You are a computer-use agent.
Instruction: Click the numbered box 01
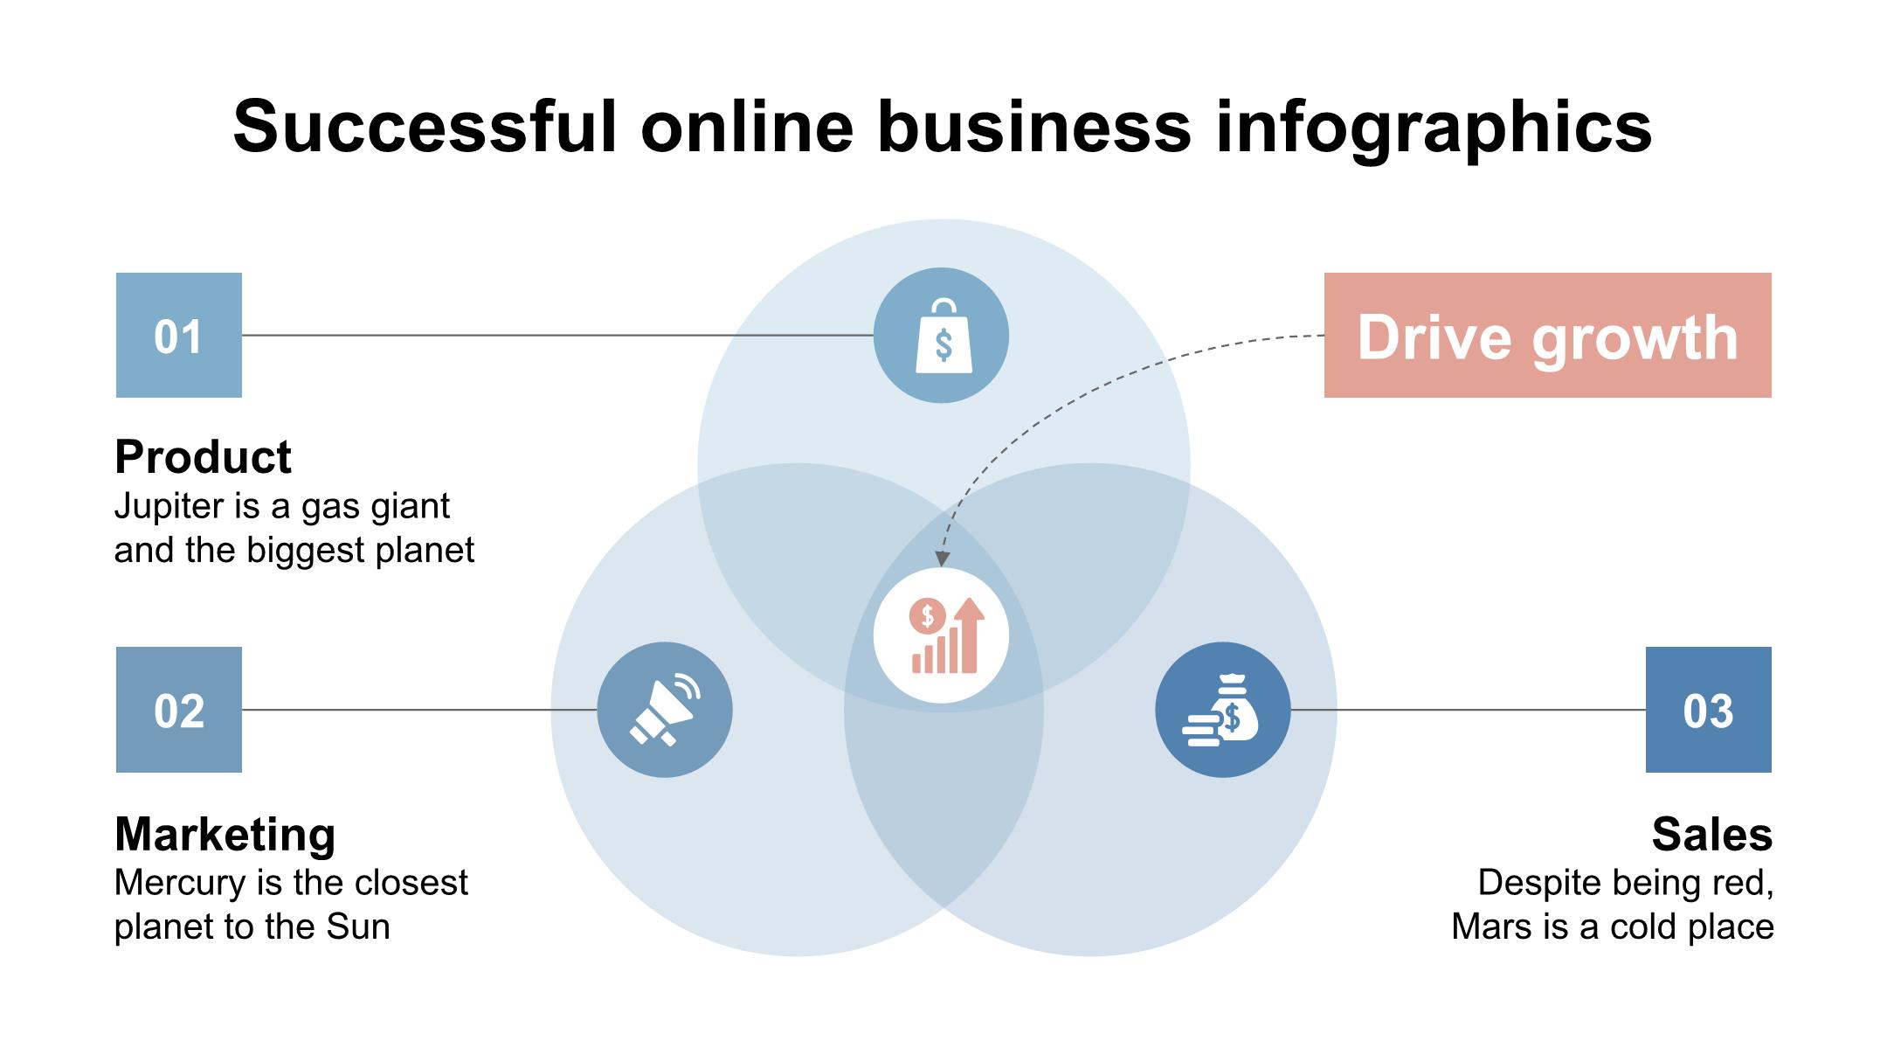click(x=178, y=336)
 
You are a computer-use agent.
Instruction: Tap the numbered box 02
click(x=178, y=710)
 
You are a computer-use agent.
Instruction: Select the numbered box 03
click(x=1708, y=710)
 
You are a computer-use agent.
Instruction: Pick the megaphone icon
click(x=665, y=710)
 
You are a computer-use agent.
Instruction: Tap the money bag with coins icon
click(x=1222, y=710)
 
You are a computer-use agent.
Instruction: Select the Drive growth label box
click(x=1547, y=336)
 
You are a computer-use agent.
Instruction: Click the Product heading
click(x=203, y=457)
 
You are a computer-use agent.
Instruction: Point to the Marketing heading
click(x=225, y=834)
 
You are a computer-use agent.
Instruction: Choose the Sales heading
click(x=1711, y=834)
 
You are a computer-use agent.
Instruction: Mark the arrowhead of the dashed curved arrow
click(x=942, y=559)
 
